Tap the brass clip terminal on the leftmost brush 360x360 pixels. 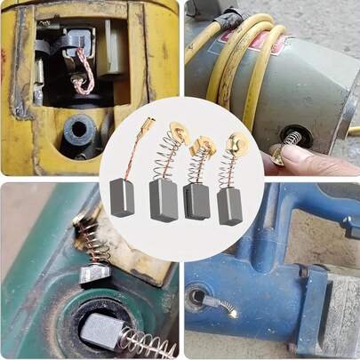pos(147,126)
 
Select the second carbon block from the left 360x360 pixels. pos(164,201)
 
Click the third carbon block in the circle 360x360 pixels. pos(197,200)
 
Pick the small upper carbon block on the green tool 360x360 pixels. pos(92,273)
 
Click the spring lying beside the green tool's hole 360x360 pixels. pos(147,341)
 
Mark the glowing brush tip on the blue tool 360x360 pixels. pos(233,313)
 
